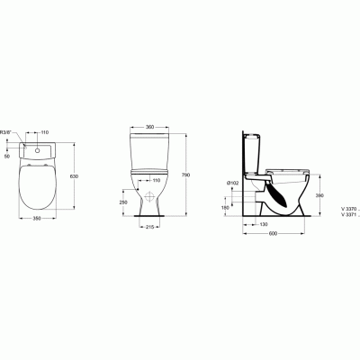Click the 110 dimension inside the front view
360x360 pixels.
[155, 181]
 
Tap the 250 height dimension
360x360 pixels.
[122, 202]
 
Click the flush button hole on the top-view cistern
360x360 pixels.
[38, 149]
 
